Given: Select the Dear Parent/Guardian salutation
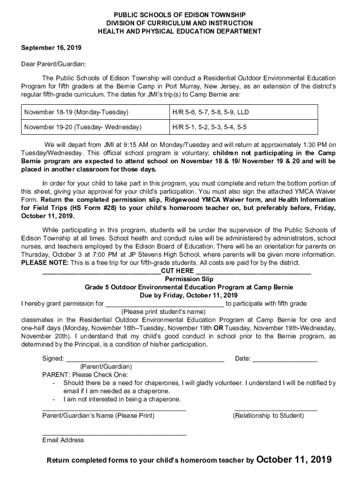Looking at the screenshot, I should click(x=54, y=64).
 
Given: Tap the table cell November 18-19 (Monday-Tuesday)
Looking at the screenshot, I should click(x=76, y=113).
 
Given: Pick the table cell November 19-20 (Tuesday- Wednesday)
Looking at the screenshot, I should click(x=83, y=127).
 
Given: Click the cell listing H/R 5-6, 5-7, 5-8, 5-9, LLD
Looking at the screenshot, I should click(x=210, y=113).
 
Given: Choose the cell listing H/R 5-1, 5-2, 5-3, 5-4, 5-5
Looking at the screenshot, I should click(x=209, y=127).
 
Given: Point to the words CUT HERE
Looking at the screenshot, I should click(x=178, y=271).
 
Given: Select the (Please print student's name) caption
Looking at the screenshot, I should click(x=163, y=312).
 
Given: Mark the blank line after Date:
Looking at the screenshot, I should click(x=285, y=359).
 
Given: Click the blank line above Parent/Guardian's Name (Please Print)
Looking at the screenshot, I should click(x=114, y=409).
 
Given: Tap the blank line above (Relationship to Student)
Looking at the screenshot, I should click(x=276, y=409).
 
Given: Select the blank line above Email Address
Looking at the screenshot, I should click(x=114, y=434).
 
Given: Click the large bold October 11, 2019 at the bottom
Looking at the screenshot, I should click(x=294, y=459).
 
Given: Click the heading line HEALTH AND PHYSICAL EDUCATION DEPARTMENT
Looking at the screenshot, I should click(x=180, y=31).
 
